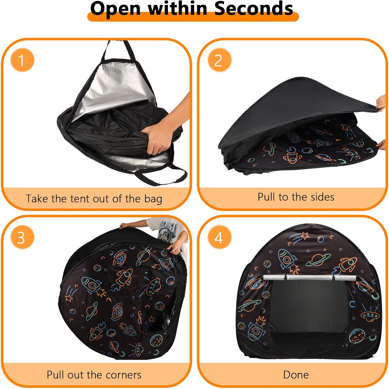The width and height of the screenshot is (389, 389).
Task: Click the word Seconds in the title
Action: point(254,8)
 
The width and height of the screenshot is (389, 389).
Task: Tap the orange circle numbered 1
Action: point(22,60)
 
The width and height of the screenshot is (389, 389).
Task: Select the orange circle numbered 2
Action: point(219,60)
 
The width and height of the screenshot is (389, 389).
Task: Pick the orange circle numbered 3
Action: point(22,237)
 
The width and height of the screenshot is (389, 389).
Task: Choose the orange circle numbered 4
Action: point(219,237)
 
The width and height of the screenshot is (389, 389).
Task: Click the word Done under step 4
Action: point(296,375)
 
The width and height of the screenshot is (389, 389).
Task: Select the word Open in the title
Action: point(115,8)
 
